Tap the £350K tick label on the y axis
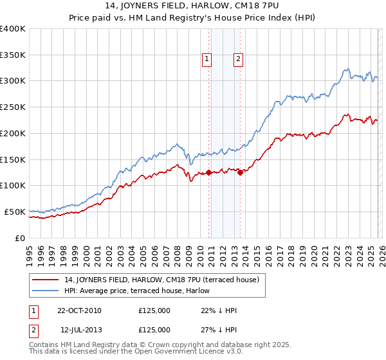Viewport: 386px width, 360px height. point(13,55)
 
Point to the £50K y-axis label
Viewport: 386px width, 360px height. point(15,212)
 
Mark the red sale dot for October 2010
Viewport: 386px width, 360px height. point(209,172)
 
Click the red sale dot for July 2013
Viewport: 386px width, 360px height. point(240,172)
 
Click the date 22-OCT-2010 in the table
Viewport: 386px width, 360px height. point(79,310)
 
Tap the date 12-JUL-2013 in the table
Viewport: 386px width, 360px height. point(79,330)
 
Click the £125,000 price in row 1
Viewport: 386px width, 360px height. point(154,310)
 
